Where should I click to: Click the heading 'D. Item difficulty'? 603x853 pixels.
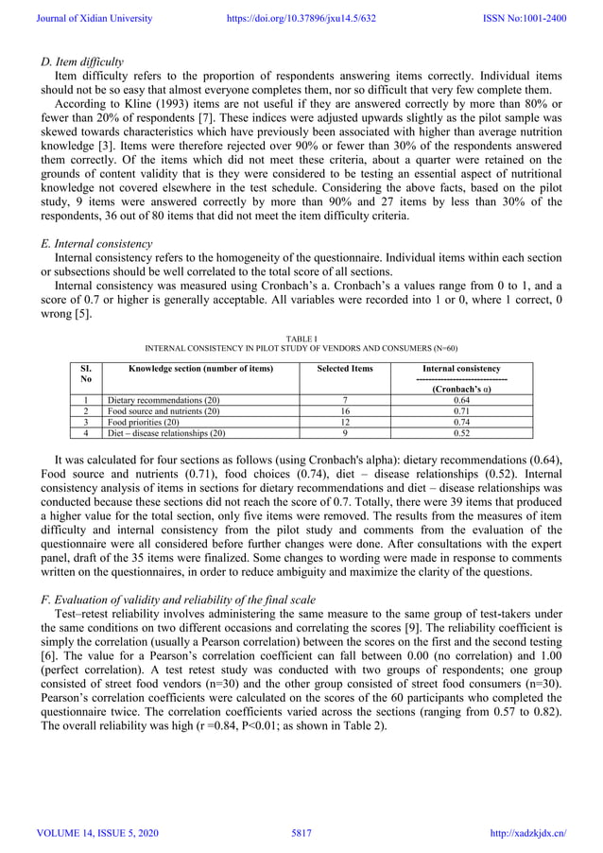[x=82, y=61]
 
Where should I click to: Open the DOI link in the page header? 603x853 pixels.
[x=301, y=18]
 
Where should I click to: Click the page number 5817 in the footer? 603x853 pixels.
[x=301, y=832]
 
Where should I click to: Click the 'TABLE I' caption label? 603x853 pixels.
[x=301, y=336]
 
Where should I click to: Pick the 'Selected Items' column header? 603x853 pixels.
[x=344, y=368]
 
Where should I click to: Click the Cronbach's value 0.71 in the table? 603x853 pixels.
[x=461, y=411]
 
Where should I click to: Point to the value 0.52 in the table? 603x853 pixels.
[x=461, y=434]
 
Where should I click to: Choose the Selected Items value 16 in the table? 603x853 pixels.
[x=344, y=411]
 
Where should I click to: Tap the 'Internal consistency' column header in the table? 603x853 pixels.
[x=461, y=368]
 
